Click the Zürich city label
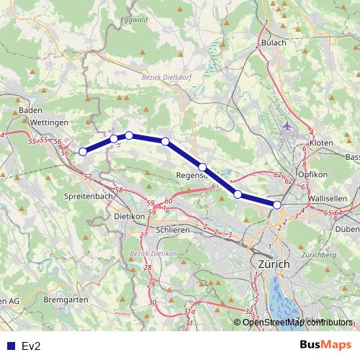click(273, 265)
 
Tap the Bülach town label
click(274, 42)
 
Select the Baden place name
click(30, 110)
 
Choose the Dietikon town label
click(130, 215)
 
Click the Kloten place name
click(321, 143)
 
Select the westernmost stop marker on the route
click(83, 151)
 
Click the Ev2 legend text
click(31, 346)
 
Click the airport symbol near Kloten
click(289, 127)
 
